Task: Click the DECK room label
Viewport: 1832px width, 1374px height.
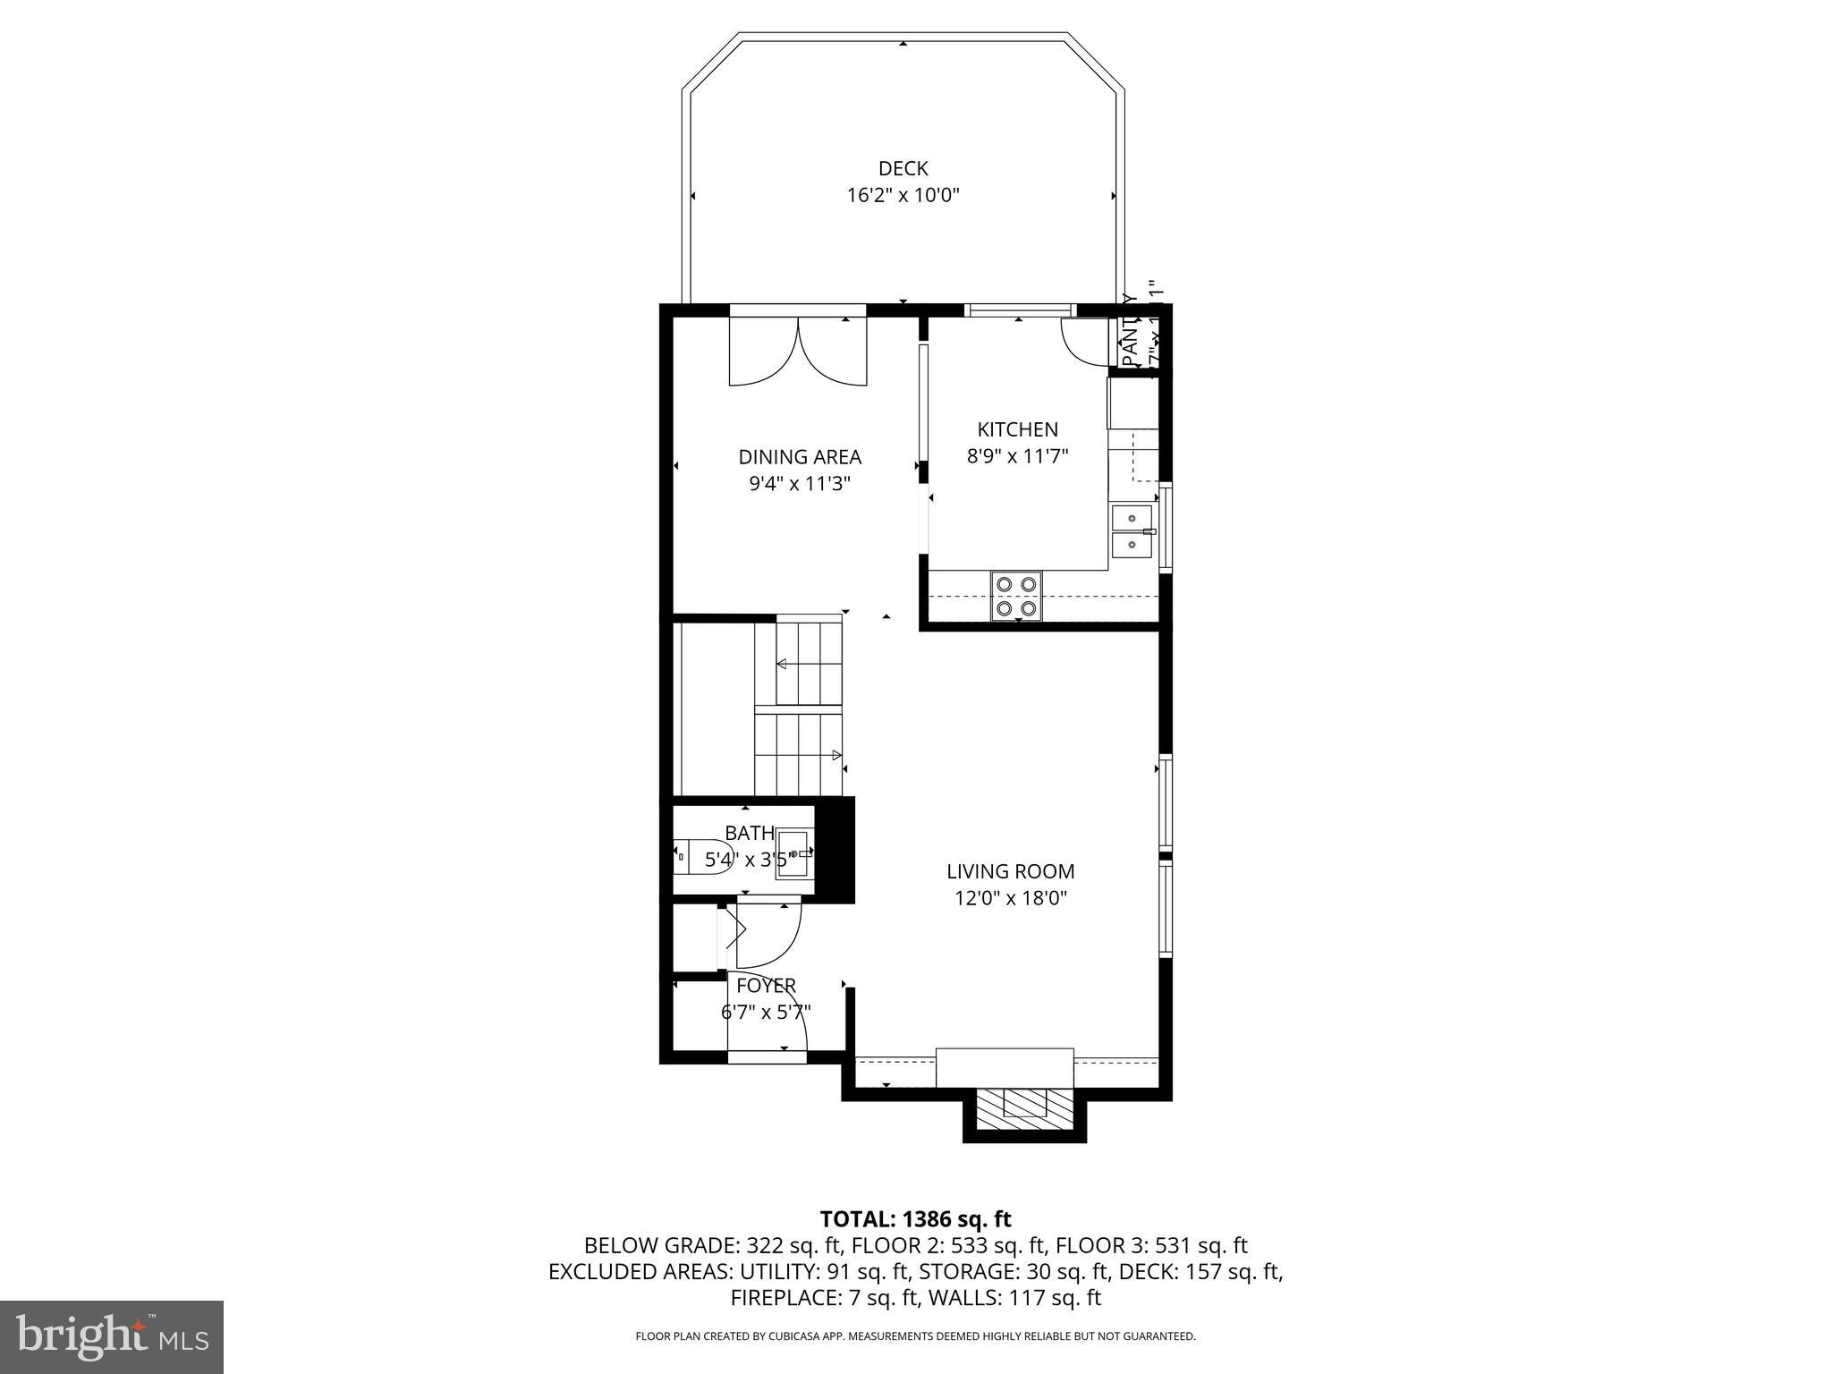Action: (x=903, y=168)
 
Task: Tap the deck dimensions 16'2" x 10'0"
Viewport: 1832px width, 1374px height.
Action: (x=903, y=195)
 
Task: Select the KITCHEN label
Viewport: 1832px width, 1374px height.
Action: (x=1017, y=429)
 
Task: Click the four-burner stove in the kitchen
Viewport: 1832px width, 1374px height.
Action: (x=1017, y=596)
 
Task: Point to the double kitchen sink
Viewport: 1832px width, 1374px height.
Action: (x=1132, y=530)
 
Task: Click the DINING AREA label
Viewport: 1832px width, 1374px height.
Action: (x=799, y=457)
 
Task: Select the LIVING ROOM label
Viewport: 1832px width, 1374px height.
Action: (x=1011, y=871)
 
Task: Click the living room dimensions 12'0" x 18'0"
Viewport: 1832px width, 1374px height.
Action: (x=1011, y=898)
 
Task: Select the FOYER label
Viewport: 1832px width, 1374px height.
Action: (x=766, y=986)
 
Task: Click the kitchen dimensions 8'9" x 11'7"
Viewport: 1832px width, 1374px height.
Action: (x=1017, y=456)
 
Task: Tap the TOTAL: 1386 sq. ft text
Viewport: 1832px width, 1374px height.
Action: (x=915, y=1218)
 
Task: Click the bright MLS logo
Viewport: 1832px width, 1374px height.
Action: (x=112, y=1336)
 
